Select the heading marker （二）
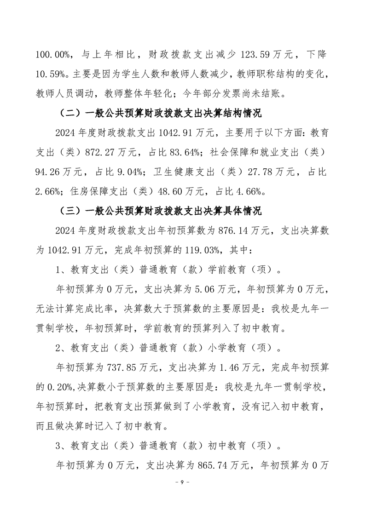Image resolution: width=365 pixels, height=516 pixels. tap(70, 114)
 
